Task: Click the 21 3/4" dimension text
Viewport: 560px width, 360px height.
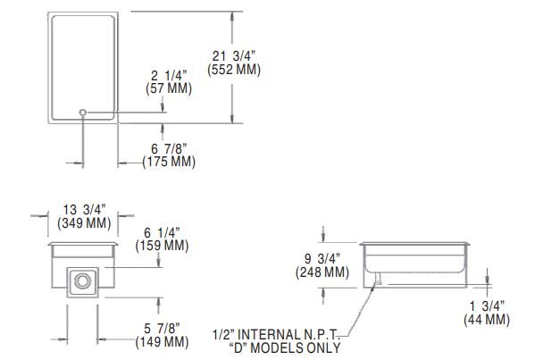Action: click(234, 56)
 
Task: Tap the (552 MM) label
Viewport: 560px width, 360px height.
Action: click(234, 70)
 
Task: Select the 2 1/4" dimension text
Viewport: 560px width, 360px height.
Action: click(169, 76)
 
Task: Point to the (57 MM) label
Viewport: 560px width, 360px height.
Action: click(169, 88)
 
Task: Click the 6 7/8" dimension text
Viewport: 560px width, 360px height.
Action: click(169, 149)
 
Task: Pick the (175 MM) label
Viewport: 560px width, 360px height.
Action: click(169, 162)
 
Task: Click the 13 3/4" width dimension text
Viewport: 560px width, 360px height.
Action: click(84, 210)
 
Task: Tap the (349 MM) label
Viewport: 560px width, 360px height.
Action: click(84, 223)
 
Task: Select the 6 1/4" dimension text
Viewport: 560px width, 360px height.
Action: click(162, 233)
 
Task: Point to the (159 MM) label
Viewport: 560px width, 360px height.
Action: click(162, 246)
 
